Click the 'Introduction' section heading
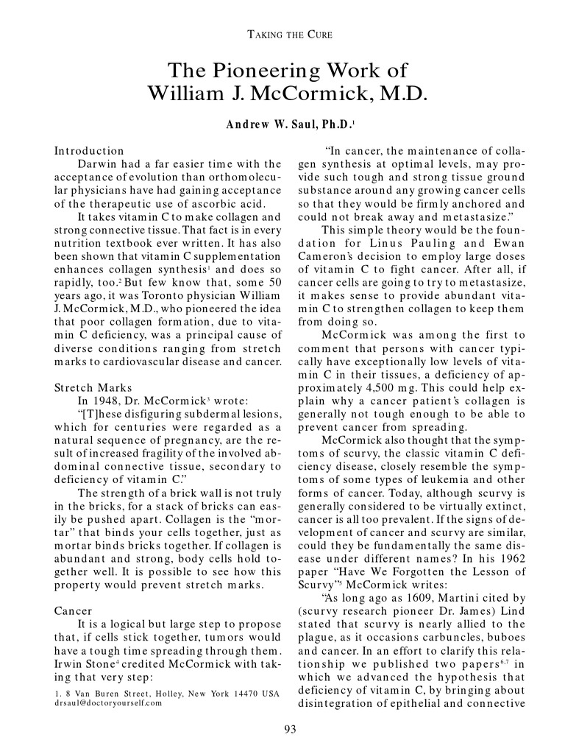[89, 151]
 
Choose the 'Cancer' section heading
[74, 611]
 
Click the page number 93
[289, 730]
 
